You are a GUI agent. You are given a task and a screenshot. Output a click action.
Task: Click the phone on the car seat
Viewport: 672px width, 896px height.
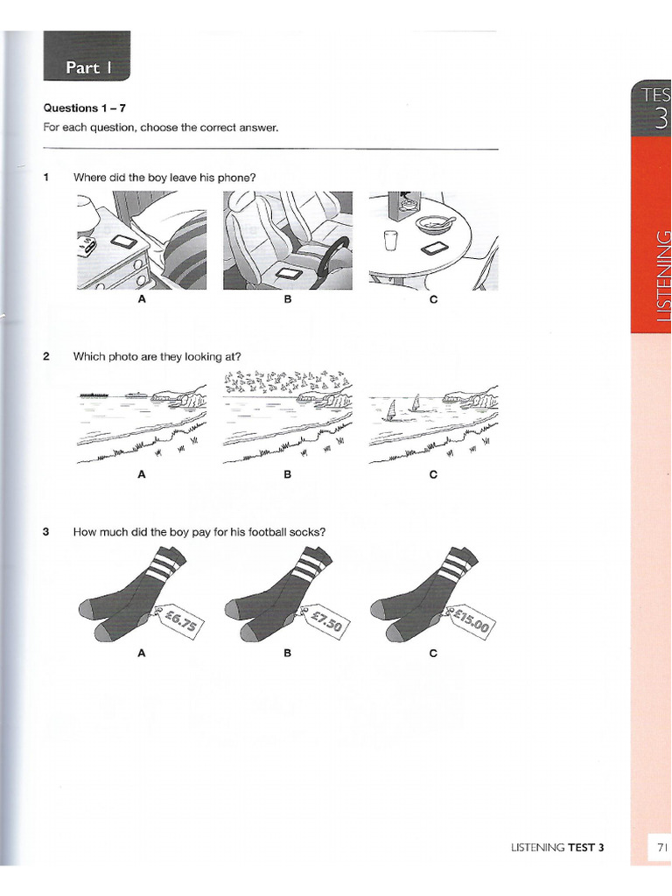(287, 274)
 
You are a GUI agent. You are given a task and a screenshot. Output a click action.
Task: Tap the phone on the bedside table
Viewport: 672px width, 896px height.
(122, 241)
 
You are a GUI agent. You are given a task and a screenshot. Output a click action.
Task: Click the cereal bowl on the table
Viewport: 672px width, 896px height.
(433, 224)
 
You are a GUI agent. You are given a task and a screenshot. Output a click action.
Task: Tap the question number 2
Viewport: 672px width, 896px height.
(45, 356)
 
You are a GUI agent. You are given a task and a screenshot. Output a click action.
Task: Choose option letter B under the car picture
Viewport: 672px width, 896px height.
(286, 299)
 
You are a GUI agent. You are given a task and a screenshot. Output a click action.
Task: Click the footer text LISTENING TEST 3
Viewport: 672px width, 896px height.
(557, 847)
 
